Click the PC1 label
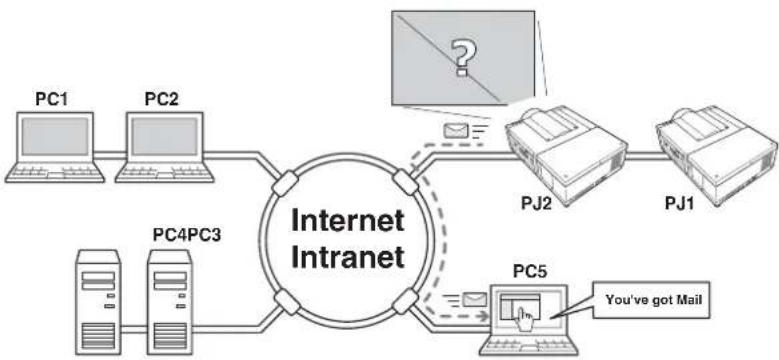pyautogui.click(x=51, y=99)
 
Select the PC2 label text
pyautogui.click(x=161, y=99)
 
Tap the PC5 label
pyautogui.click(x=531, y=273)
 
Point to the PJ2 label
pyautogui.click(x=533, y=204)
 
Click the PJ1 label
pyautogui.click(x=682, y=204)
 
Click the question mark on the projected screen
pyautogui.click(x=463, y=58)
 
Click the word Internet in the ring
pyautogui.click(x=347, y=221)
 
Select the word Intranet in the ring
pyautogui.click(x=347, y=257)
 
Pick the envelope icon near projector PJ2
pyautogui.click(x=456, y=130)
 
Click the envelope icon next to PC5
pyautogui.click(x=474, y=299)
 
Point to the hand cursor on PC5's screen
pyautogui.click(x=524, y=314)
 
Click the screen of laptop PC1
pyautogui.click(x=55, y=137)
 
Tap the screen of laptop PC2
pyautogui.click(x=164, y=137)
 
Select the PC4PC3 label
pyautogui.click(x=187, y=234)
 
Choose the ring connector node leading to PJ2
pyautogui.click(x=406, y=182)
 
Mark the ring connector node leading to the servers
pyautogui.click(x=287, y=302)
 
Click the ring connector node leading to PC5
pyautogui.click(x=406, y=301)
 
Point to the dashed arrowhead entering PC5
pyautogui.click(x=483, y=315)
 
